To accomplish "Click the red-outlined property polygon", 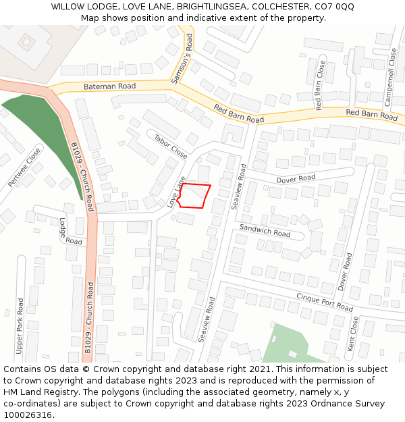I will click(x=194, y=195).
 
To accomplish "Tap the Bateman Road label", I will click(x=109, y=86).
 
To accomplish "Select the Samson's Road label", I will click(x=183, y=60).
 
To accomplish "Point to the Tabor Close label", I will click(x=171, y=146).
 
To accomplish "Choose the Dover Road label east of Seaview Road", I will click(x=296, y=178).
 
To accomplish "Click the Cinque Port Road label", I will click(x=325, y=302).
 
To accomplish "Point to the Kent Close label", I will click(x=352, y=334).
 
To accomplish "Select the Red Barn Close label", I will click(x=321, y=86).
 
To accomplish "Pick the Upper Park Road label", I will click(x=20, y=327).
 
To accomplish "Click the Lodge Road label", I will click(x=70, y=231).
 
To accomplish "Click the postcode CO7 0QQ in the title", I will click(x=333, y=7).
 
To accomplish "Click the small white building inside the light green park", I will click(x=292, y=354).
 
